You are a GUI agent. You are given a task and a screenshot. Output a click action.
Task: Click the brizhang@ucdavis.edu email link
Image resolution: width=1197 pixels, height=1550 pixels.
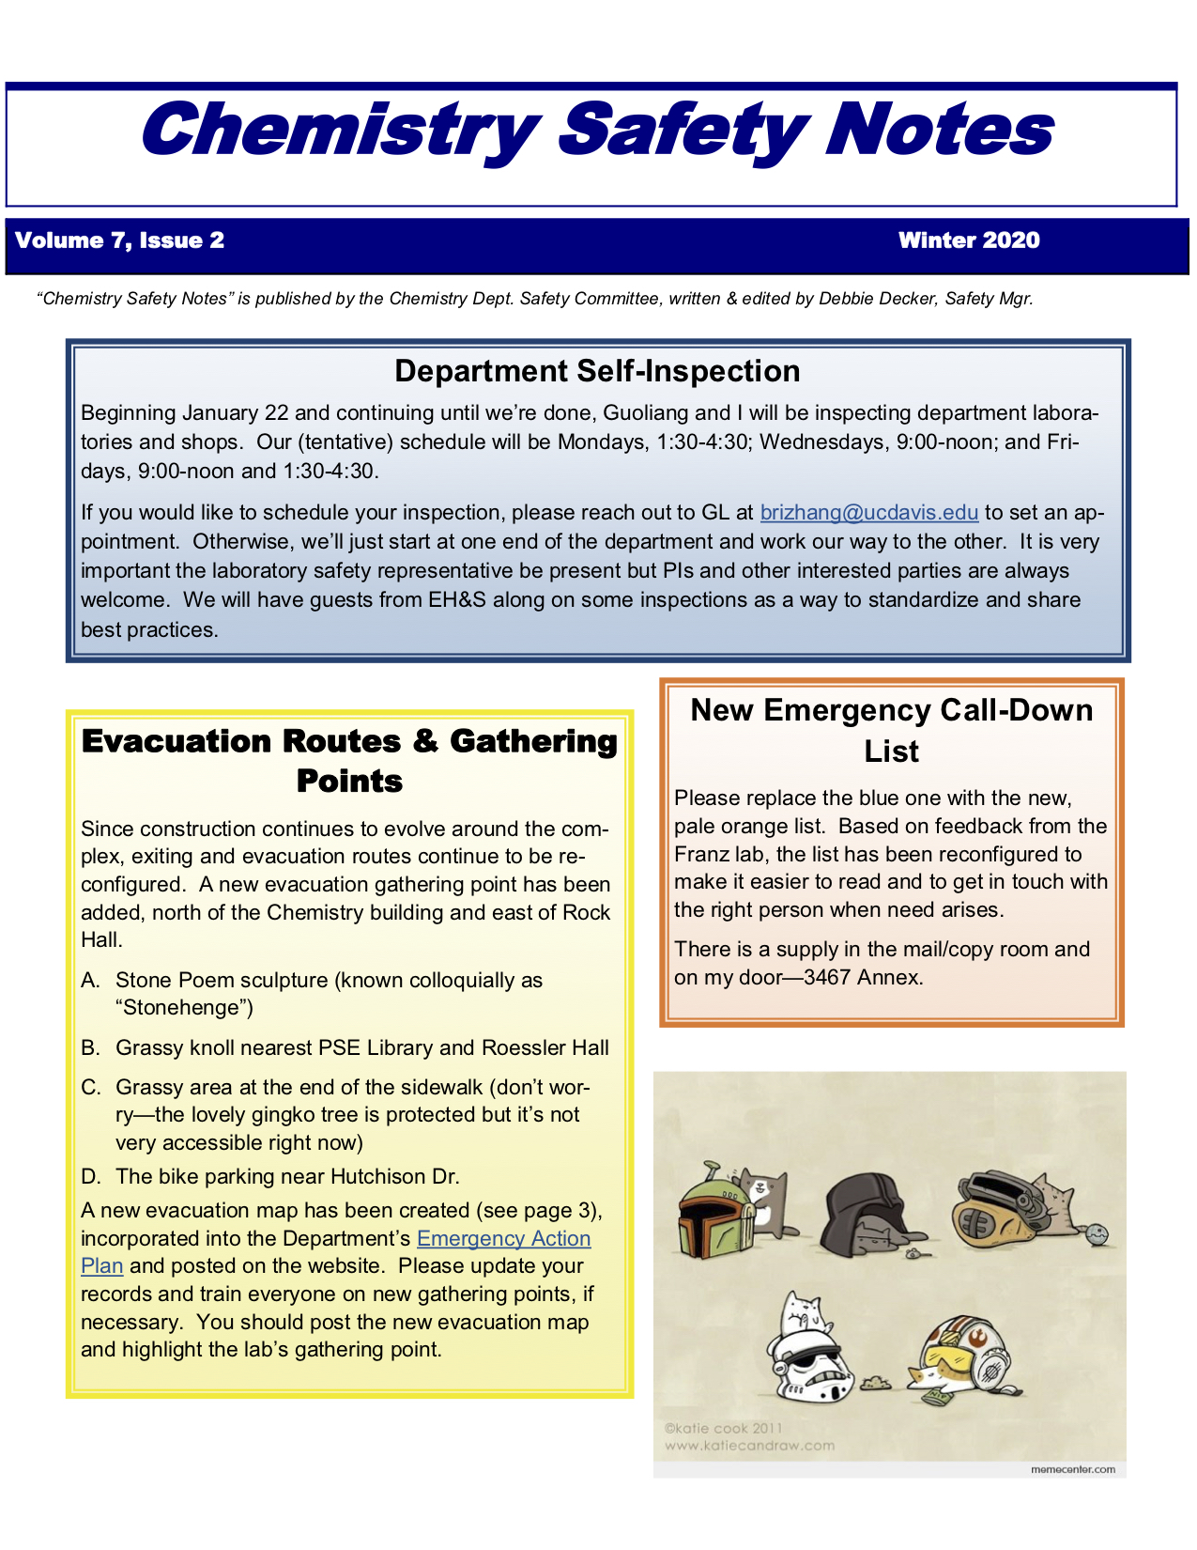[x=868, y=512]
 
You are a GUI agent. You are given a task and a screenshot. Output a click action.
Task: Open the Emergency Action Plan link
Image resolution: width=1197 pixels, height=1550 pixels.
[x=503, y=1239]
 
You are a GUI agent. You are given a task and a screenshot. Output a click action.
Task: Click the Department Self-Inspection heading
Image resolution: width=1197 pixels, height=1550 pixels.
[x=597, y=371]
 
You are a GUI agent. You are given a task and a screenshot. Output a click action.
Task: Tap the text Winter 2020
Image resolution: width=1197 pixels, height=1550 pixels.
[x=969, y=240]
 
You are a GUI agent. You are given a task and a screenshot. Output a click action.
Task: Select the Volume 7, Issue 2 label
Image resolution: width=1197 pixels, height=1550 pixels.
[x=120, y=240]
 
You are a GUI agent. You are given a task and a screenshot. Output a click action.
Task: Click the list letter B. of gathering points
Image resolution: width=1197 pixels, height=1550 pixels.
[x=91, y=1047]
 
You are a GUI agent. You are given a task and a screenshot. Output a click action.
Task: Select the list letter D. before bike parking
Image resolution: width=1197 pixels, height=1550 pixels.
[x=91, y=1176]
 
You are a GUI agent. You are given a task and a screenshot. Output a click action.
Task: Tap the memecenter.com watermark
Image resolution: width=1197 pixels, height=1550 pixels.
[x=1072, y=1469]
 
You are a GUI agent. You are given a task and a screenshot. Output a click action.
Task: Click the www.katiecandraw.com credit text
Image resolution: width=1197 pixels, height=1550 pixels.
[x=749, y=1446]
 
